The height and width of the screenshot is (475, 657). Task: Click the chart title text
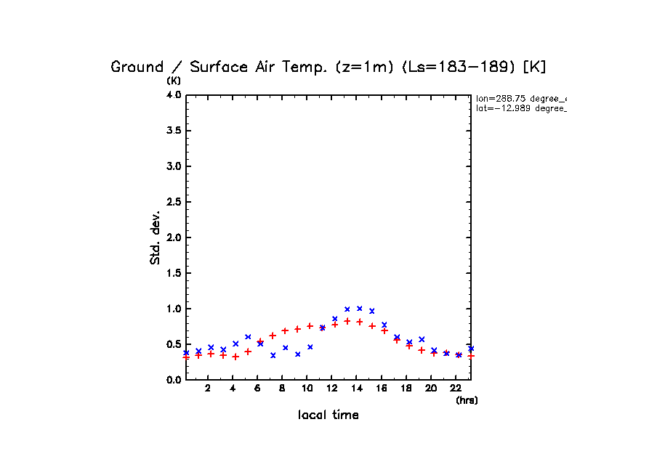pyautogui.click(x=328, y=67)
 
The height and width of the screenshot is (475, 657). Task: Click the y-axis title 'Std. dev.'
pyautogui.click(x=156, y=238)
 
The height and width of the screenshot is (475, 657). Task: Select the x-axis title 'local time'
pyautogui.click(x=328, y=415)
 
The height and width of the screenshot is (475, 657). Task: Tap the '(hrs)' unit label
pyautogui.click(x=467, y=400)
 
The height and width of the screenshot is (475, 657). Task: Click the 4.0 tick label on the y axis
pyautogui.click(x=173, y=95)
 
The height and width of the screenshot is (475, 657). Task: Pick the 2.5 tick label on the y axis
pyautogui.click(x=173, y=202)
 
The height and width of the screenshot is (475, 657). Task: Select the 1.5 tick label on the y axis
pyautogui.click(x=173, y=273)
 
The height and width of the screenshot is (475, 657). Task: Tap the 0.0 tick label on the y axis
pyautogui.click(x=173, y=380)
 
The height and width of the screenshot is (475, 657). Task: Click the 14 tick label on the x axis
pyautogui.click(x=357, y=389)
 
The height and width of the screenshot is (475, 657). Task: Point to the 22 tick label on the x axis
pyautogui.click(x=456, y=389)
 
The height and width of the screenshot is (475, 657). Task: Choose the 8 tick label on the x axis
pyautogui.click(x=282, y=389)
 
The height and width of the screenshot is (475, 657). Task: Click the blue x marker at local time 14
pyautogui.click(x=360, y=309)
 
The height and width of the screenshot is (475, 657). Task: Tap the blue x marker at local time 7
pyautogui.click(x=273, y=355)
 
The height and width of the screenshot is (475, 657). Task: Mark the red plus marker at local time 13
pyautogui.click(x=347, y=321)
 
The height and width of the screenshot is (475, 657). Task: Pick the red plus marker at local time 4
pyautogui.click(x=235, y=357)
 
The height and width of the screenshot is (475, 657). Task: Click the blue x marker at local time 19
pyautogui.click(x=422, y=339)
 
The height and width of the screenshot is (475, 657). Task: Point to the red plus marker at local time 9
pyautogui.click(x=298, y=329)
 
